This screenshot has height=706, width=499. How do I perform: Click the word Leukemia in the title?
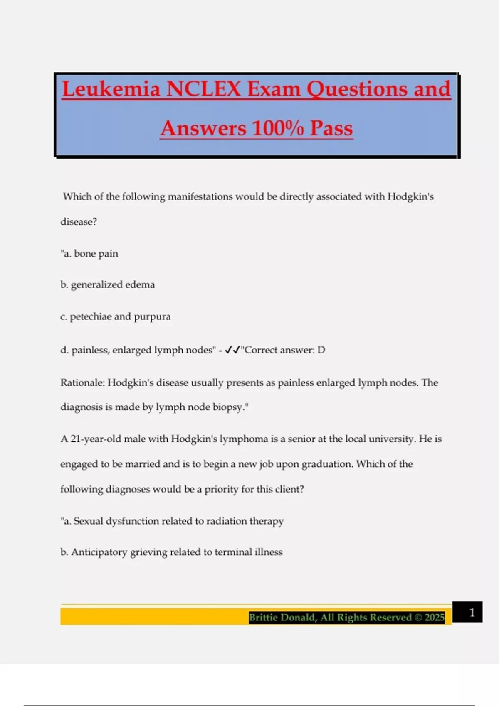111,89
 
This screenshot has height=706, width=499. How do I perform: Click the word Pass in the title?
331,128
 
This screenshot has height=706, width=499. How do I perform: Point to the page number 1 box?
467,612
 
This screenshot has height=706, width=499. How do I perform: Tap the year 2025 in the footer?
435,618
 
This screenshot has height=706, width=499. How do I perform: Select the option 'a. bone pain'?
90,254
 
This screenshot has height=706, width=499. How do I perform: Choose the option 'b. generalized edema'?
108,285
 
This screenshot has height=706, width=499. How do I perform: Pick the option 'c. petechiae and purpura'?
116,317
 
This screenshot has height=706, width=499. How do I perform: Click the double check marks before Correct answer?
232,350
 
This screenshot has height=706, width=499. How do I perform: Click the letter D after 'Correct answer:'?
321,350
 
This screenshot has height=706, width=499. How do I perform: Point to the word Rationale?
82,382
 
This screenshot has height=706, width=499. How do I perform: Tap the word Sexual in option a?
88,521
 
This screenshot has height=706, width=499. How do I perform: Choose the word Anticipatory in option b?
99,552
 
